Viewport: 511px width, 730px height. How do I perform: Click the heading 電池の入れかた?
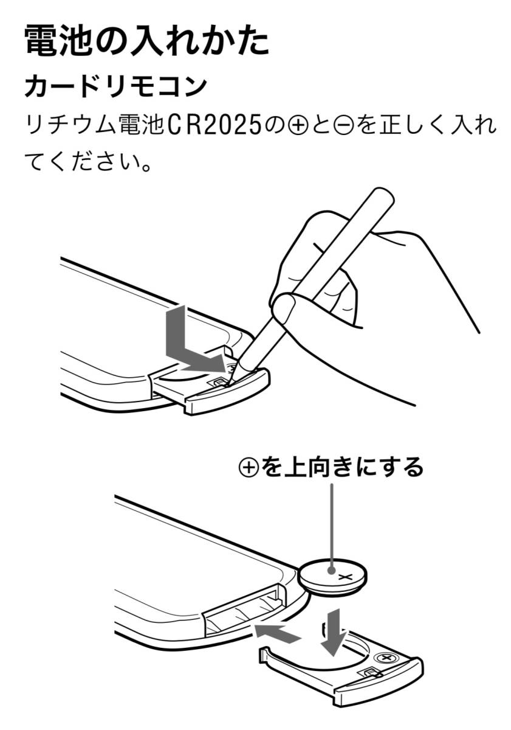(x=147, y=41)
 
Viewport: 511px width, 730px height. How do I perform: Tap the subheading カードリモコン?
(x=116, y=86)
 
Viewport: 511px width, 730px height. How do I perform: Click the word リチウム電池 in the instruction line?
(x=94, y=125)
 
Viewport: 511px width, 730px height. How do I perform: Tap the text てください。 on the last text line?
(x=88, y=161)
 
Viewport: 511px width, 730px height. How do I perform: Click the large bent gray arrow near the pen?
(x=185, y=350)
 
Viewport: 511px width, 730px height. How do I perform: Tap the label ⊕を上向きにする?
(x=331, y=467)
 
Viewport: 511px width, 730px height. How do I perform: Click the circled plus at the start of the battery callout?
(x=249, y=467)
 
